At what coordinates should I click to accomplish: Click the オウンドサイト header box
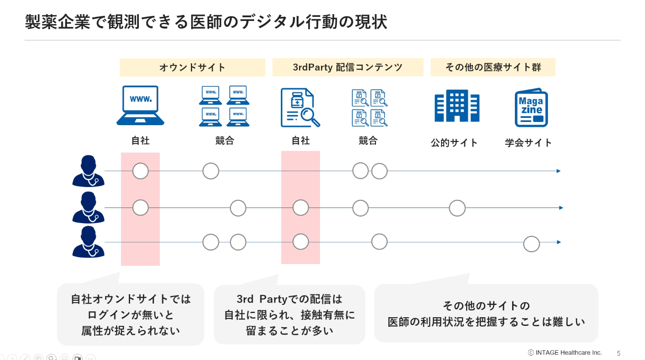coord(192,67)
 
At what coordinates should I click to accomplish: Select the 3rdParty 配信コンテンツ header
coord(348,67)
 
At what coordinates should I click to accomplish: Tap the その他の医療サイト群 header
coord(493,67)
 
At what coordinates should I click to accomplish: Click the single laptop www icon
coord(140,106)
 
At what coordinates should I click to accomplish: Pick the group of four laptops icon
coord(224,106)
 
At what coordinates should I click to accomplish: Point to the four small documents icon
coord(369,108)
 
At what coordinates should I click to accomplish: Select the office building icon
coord(457,106)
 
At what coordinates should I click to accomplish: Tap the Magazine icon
coord(531,108)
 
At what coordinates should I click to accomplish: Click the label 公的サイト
coord(454,143)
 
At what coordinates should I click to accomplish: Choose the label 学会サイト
coord(528,143)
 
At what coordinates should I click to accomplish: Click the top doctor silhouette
coord(88,171)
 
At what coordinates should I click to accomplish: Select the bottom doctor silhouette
coord(88,242)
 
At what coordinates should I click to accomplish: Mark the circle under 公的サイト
coord(457,208)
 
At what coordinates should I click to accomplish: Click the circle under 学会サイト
coord(531,244)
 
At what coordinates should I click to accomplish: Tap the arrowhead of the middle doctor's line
coord(561,208)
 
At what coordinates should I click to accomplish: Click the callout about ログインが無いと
coord(131,314)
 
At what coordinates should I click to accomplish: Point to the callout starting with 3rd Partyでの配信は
coord(289,314)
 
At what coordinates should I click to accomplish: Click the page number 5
coord(619,353)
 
